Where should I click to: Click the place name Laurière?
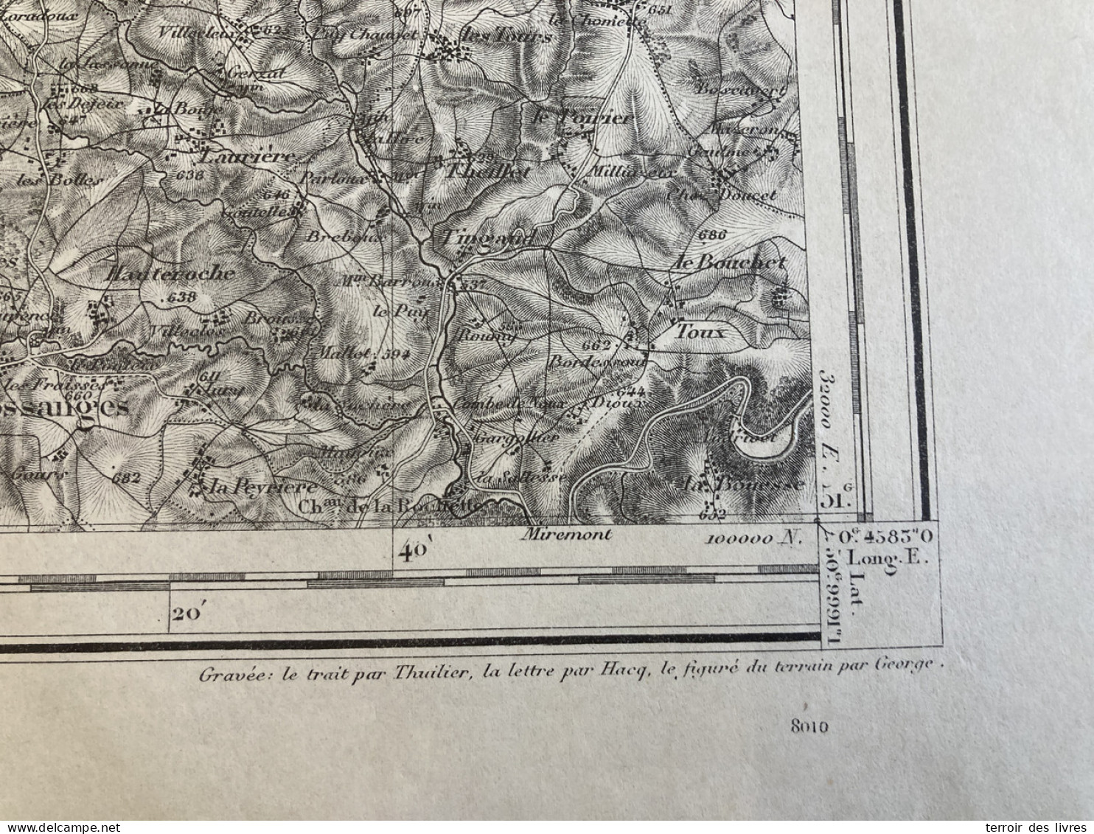pyautogui.click(x=248, y=156)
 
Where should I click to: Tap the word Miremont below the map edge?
pyautogui.click(x=565, y=535)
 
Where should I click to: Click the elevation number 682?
pyautogui.click(x=127, y=478)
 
